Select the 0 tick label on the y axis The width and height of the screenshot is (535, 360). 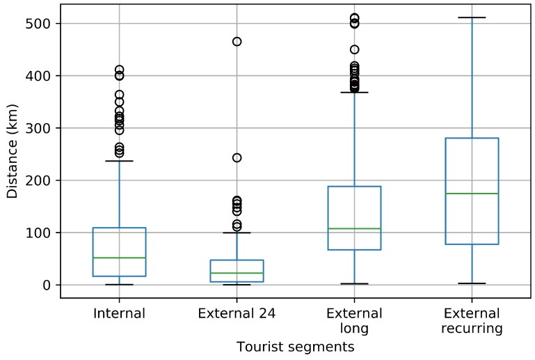click(47, 285)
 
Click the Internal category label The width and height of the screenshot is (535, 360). click(119, 313)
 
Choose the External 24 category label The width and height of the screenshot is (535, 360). click(237, 313)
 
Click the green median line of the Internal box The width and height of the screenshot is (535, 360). click(119, 258)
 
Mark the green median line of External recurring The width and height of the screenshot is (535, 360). click(472, 194)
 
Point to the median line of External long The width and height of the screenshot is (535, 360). click(354, 228)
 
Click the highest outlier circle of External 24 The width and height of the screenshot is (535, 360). click(237, 42)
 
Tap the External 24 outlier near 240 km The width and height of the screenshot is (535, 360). click(237, 158)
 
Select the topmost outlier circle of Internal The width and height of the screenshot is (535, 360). click(119, 70)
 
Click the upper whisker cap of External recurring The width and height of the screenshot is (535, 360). click(472, 17)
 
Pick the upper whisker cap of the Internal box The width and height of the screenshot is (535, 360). click(119, 161)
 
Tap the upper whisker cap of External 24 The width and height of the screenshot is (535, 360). click(237, 233)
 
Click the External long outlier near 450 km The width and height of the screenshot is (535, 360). click(354, 49)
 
